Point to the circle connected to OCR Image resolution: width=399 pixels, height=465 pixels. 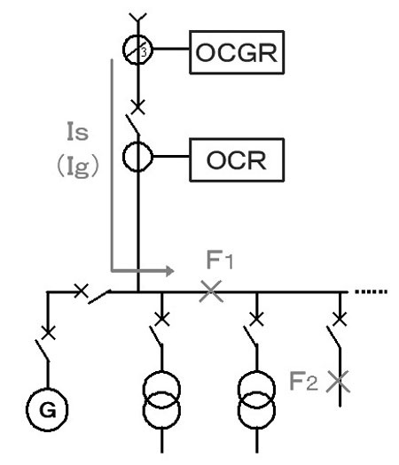pyautogui.click(x=123, y=157)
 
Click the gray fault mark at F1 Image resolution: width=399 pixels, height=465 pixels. pyautogui.click(x=211, y=291)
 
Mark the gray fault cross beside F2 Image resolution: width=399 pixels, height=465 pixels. pyautogui.click(x=338, y=382)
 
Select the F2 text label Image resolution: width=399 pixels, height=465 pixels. pyautogui.click(x=304, y=381)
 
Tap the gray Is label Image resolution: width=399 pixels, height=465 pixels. pyautogui.click(x=77, y=131)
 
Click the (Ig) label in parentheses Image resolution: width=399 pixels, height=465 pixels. pyautogui.click(x=78, y=167)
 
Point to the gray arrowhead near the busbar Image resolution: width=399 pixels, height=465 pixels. pyautogui.click(x=170, y=271)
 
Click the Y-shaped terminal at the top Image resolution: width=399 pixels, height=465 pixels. pyautogui.click(x=138, y=18)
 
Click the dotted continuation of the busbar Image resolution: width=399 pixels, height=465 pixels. pyautogui.click(x=372, y=291)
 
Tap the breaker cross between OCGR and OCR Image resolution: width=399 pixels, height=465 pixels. pyautogui.click(x=138, y=107)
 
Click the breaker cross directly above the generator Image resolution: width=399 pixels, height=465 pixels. pyautogui.click(x=48, y=333)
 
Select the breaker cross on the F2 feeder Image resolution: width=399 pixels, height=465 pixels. pyautogui.click(x=340, y=319)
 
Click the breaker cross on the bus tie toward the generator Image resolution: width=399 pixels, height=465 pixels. pyautogui.click(x=81, y=291)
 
